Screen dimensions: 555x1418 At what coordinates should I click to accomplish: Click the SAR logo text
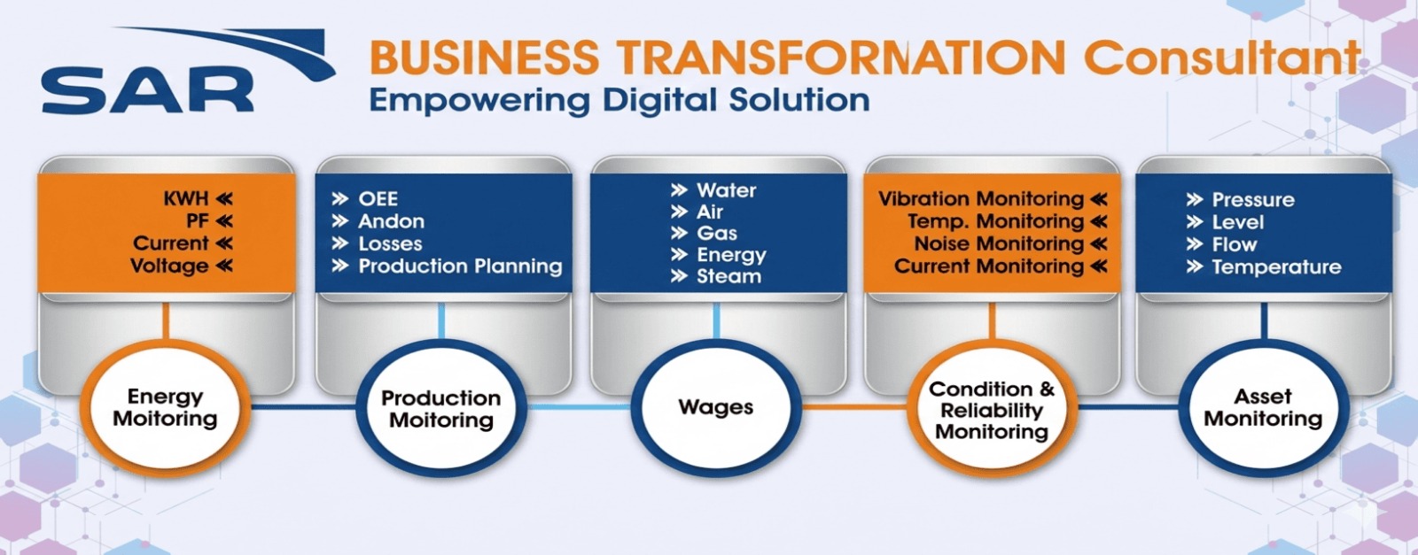[147, 92]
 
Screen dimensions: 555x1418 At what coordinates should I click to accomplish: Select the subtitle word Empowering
[479, 100]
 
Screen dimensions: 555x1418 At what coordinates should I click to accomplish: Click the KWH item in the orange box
[186, 198]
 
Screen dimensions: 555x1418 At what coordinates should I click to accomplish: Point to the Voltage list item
[169, 266]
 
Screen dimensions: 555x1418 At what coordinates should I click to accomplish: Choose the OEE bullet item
[378, 199]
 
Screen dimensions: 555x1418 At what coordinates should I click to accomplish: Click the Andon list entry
[391, 221]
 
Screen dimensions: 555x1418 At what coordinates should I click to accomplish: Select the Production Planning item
[460, 266]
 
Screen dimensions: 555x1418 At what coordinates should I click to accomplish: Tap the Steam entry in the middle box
[728, 276]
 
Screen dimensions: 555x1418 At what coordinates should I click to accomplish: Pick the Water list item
[726, 190]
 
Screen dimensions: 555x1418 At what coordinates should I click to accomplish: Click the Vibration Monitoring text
[981, 199]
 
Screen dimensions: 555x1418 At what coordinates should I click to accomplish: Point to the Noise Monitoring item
[999, 243]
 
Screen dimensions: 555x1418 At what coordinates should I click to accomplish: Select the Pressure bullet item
[1252, 200]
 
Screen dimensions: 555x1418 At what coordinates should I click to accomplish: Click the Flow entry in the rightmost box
[1234, 244]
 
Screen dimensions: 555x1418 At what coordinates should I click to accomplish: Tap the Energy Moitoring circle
[165, 407]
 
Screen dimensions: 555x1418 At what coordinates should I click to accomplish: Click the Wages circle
[716, 407]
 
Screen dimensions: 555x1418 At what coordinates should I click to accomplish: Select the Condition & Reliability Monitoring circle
[992, 410]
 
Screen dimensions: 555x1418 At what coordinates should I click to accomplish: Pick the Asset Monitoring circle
[1263, 407]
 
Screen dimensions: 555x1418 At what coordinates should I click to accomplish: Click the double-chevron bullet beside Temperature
[1195, 266]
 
